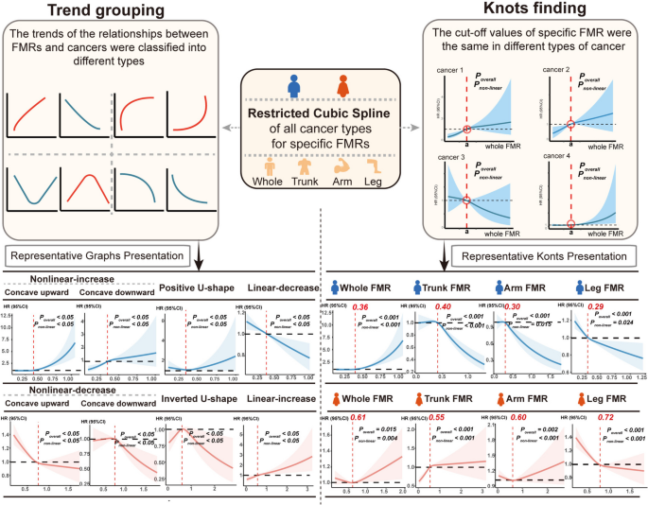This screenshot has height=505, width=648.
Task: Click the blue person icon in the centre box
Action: [x=295, y=88]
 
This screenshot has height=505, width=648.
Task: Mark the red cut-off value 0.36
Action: [x=359, y=307]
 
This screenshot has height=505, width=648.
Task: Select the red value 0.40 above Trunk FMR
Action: [x=442, y=307]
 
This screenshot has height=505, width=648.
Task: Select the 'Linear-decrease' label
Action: [x=276, y=288]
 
